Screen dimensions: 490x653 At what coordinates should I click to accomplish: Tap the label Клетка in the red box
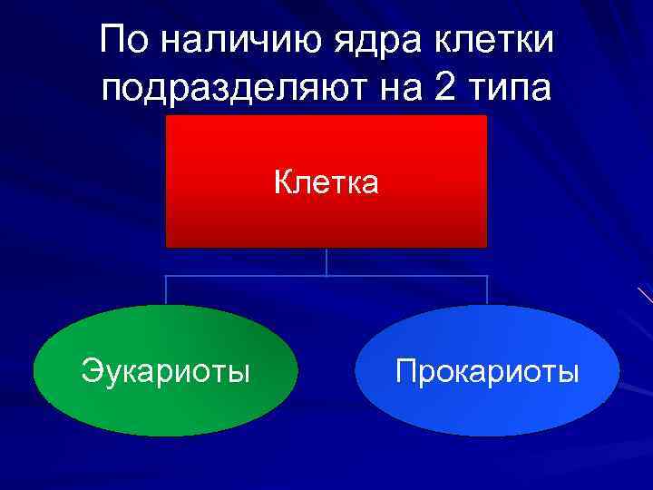(326, 183)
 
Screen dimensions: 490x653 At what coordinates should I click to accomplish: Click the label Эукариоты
(165, 371)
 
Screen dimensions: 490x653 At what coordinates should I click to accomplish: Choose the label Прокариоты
(487, 371)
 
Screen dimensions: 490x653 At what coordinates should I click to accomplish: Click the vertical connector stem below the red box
(326, 261)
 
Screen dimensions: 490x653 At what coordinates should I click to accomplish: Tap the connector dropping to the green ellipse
(166, 290)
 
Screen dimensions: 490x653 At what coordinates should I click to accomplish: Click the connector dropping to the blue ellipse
(487, 290)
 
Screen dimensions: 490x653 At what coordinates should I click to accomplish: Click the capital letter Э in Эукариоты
(89, 371)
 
